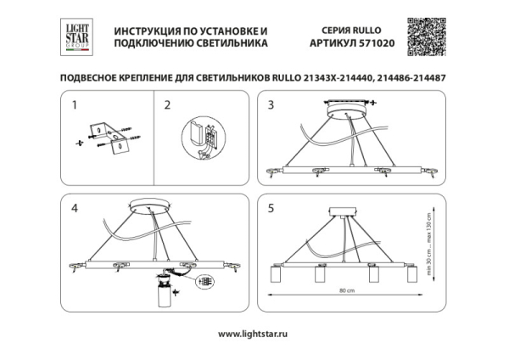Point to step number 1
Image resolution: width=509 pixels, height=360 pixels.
pyautogui.click(x=74, y=106)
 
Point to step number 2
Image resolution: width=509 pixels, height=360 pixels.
pyautogui.click(x=167, y=106)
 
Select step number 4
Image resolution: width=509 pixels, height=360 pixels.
pyautogui.click(x=75, y=208)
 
